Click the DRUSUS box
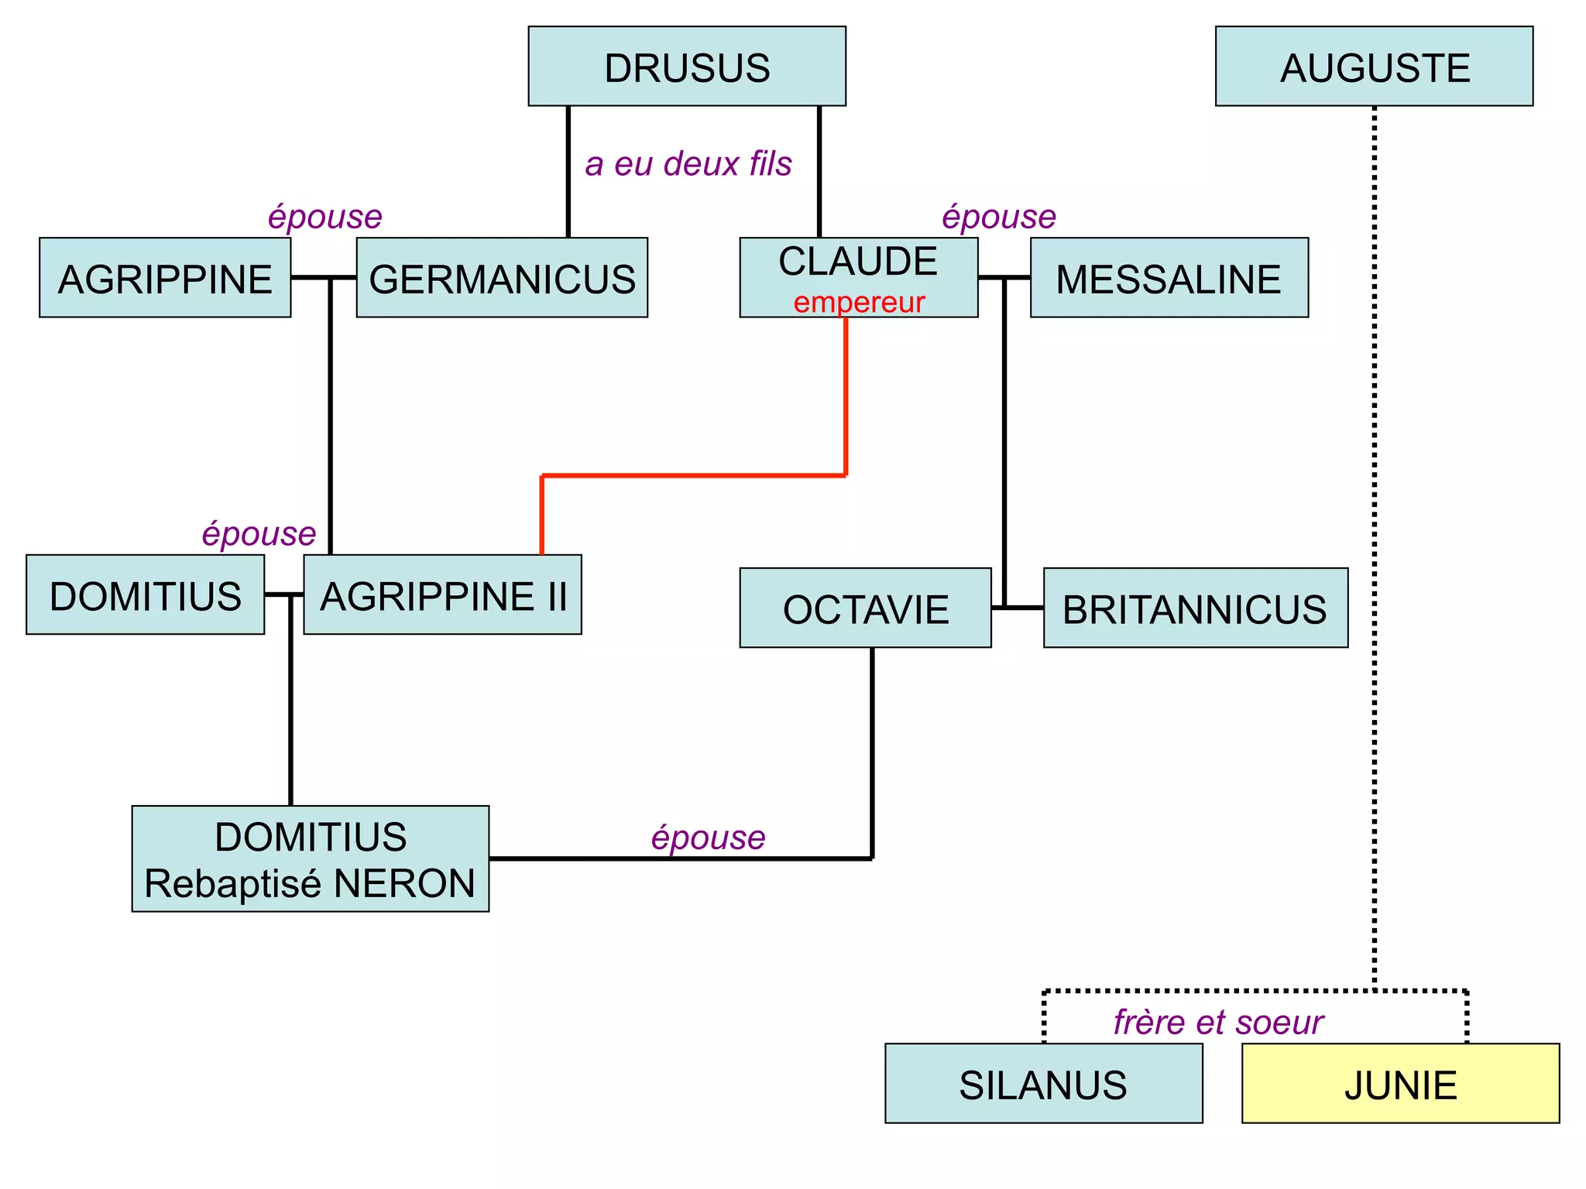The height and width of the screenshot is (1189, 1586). tap(687, 67)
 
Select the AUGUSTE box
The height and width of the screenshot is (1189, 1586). tap(1374, 67)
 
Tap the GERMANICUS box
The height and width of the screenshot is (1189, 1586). tap(502, 278)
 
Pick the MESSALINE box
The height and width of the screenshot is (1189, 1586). tap(1169, 278)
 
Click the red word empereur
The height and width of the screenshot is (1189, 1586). tap(859, 302)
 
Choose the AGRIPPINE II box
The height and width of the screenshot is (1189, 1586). tap(442, 594)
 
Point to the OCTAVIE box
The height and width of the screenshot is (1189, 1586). tap(865, 608)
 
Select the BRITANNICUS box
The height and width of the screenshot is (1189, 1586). tap(1195, 608)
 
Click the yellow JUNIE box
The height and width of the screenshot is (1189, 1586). tap(1400, 1083)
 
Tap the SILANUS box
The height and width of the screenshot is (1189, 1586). tap(1043, 1083)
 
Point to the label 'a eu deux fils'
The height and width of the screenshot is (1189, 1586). tap(688, 163)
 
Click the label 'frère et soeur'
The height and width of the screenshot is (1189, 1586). tap(1218, 1022)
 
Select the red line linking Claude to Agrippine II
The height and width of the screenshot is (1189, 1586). tap(693, 475)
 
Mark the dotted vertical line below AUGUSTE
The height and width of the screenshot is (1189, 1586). tap(1375, 542)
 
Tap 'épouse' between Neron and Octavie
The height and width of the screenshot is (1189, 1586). tap(708, 837)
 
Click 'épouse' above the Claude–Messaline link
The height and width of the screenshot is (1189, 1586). tap(999, 216)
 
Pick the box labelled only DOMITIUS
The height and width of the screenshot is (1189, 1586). tap(146, 594)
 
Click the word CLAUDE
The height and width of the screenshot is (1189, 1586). tap(858, 261)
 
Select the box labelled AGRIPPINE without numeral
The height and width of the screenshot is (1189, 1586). tap(165, 278)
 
